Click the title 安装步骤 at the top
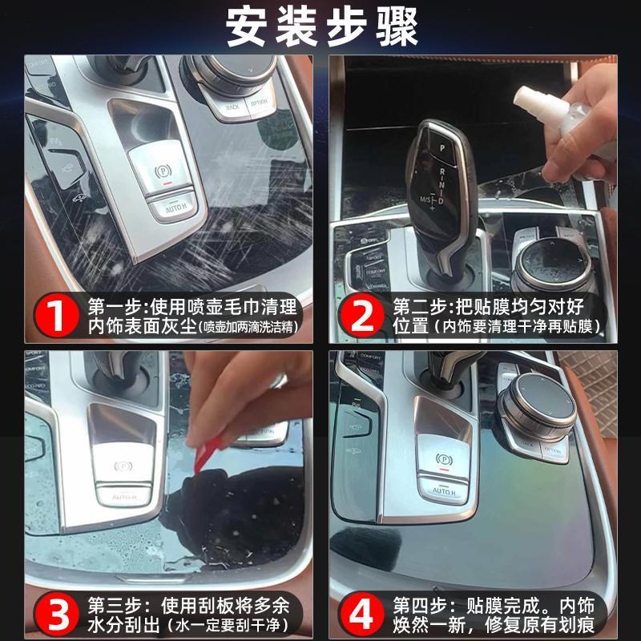320,28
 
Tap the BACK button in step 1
232,106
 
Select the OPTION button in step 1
259,103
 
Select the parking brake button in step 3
124,465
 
